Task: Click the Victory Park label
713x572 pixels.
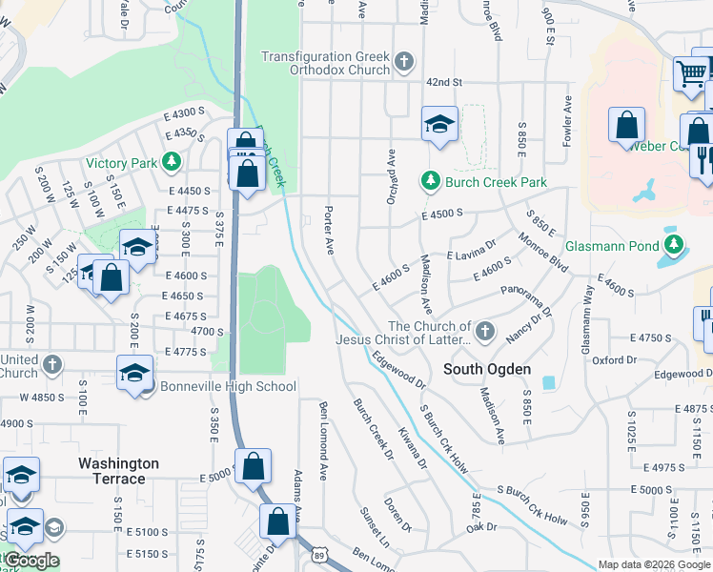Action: coord(121,163)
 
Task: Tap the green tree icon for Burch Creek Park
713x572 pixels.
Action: coord(431,180)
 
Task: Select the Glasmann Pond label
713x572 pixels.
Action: coord(612,246)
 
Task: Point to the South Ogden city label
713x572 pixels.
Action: coord(487,369)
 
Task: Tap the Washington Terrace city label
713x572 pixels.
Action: coord(118,471)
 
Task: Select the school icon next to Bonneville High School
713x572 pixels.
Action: coord(134,373)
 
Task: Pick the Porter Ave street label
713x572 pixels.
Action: coord(329,230)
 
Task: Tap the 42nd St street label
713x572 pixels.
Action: coord(443,83)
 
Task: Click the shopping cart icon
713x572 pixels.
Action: coord(690,71)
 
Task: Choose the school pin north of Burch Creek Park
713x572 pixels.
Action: coord(439,124)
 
